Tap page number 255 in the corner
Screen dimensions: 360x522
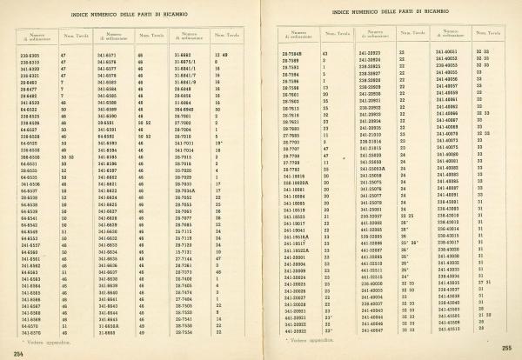point(505,347)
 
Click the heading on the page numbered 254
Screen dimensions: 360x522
point(131,16)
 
